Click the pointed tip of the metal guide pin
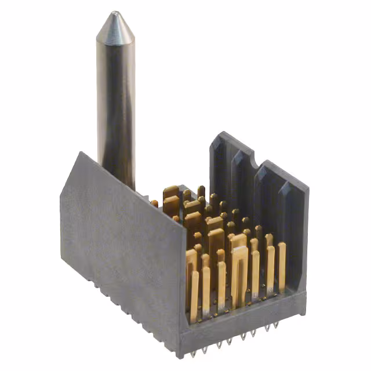coord(115,13)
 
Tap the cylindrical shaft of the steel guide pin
coord(116,99)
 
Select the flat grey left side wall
coord(122,243)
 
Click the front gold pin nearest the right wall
coord(282,267)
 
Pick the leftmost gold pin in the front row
coord(194,296)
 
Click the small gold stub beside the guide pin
coord(155,203)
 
